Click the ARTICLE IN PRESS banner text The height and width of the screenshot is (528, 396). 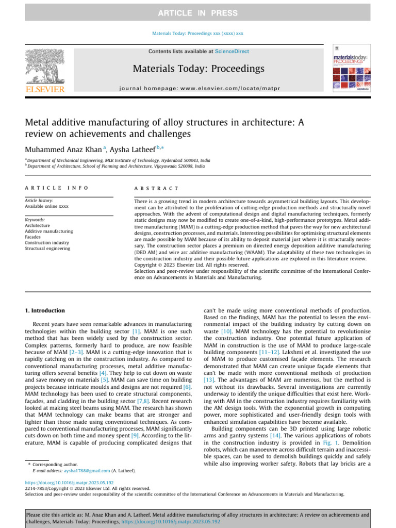click(198, 13)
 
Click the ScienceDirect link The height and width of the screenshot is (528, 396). click(232, 52)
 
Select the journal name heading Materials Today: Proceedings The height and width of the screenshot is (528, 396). click(199, 69)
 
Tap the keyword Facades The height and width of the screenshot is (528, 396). click(34, 237)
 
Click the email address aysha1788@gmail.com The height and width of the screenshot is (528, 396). click(87, 471)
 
